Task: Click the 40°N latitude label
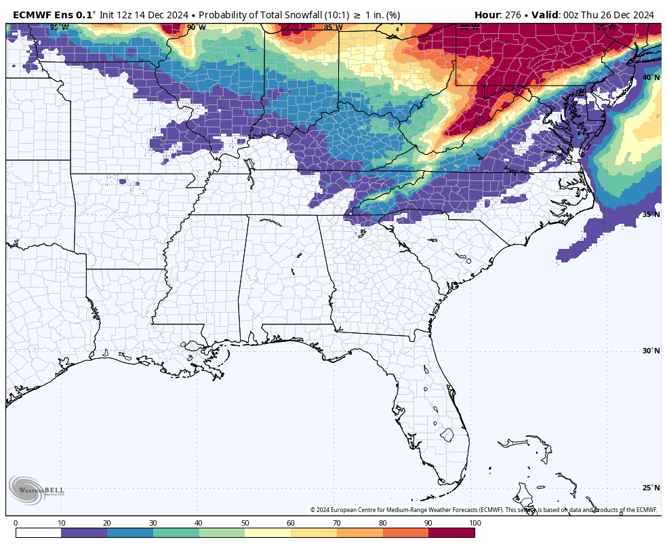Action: coord(651,78)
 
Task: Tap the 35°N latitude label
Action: coord(651,215)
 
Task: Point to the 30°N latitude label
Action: coord(651,351)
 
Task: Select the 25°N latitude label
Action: coord(651,488)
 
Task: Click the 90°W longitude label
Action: coord(196,28)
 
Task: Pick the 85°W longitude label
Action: coord(333,28)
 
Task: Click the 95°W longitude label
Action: coord(59,28)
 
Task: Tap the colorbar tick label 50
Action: coord(245,524)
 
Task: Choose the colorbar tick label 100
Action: coord(474,524)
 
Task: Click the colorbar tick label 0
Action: coord(16,524)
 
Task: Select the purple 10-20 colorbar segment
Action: coord(84,533)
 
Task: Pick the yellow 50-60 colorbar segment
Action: coord(268,533)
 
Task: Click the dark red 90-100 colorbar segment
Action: coord(451,533)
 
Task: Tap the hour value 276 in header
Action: coord(513,14)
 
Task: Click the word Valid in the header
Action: coord(546,14)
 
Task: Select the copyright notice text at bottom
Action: coord(484,510)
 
